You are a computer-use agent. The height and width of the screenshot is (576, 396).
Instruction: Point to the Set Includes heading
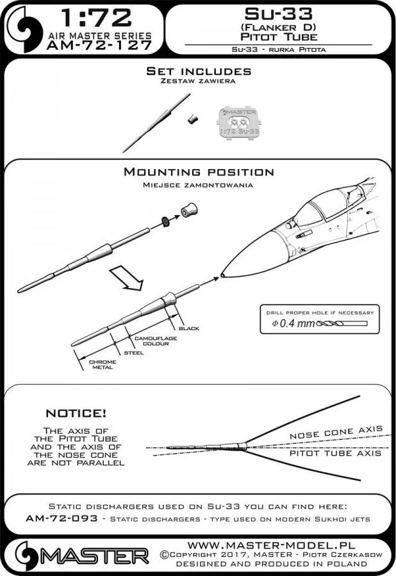point(198,71)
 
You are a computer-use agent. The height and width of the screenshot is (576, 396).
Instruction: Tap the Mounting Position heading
point(198,172)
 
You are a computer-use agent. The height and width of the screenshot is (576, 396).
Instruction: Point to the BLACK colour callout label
point(189,328)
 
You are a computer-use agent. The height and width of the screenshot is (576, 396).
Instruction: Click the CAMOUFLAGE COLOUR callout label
point(151,340)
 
